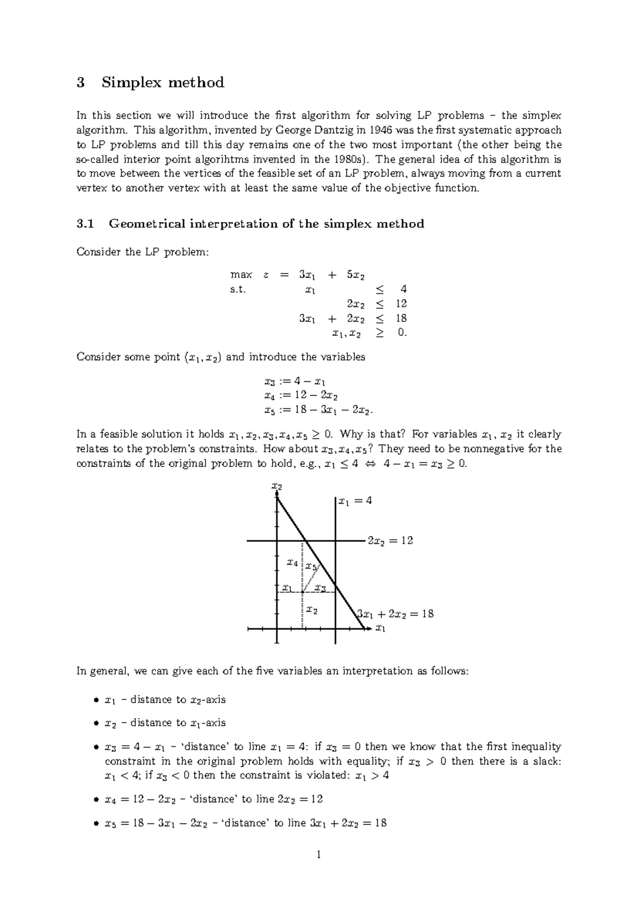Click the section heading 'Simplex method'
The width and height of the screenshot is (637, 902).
click(163, 82)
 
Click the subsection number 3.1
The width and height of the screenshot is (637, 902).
click(85, 224)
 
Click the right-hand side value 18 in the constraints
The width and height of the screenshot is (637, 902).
click(401, 318)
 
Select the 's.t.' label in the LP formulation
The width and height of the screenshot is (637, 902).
click(238, 290)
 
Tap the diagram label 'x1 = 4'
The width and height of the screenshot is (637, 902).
click(355, 500)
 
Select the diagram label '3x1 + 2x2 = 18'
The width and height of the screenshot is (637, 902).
click(395, 614)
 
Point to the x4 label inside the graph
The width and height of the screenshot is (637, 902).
click(292, 562)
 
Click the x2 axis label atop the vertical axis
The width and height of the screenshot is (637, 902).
click(276, 486)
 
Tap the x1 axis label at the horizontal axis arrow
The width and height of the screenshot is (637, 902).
click(380, 629)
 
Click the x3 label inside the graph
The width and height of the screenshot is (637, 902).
click(320, 588)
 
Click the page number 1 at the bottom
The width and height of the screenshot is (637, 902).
click(318, 855)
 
